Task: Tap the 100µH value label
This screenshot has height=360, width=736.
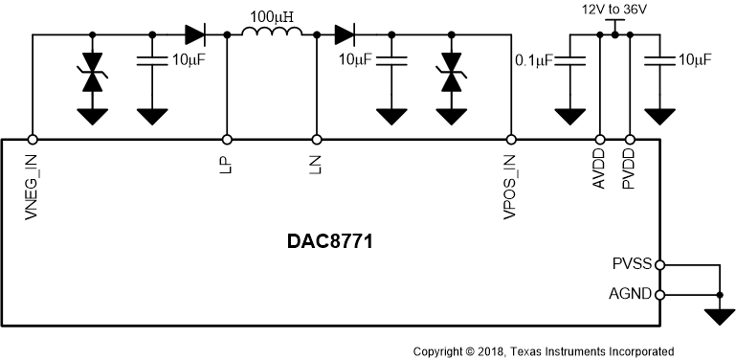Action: point(272,16)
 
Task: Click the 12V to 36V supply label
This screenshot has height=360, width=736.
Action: point(614,10)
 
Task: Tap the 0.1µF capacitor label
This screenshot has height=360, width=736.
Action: point(532,60)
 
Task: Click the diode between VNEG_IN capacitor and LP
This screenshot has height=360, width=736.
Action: point(195,35)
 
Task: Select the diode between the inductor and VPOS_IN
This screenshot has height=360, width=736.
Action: point(346,35)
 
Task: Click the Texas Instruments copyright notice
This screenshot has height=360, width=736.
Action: point(543,351)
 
